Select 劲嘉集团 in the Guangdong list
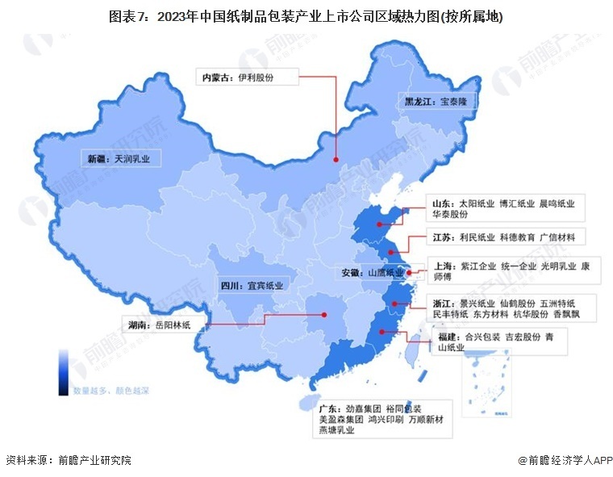(x=364, y=409)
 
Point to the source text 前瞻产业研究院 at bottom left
(x=94, y=461)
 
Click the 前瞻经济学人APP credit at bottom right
(x=569, y=461)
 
